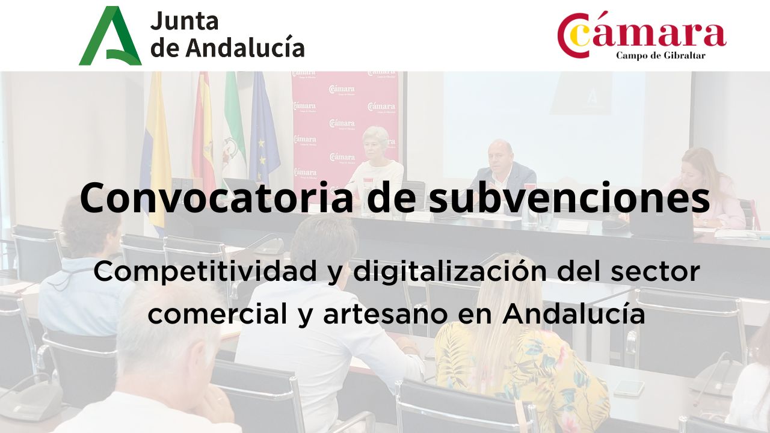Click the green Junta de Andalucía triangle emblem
tap(111, 36)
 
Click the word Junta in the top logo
tap(184, 21)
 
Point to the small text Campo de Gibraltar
tap(661, 55)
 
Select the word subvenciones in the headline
tap(569, 198)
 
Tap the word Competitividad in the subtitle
tap(205, 271)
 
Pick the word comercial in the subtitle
tap(218, 314)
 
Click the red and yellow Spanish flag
tap(203, 131)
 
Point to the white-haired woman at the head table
tap(376, 162)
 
